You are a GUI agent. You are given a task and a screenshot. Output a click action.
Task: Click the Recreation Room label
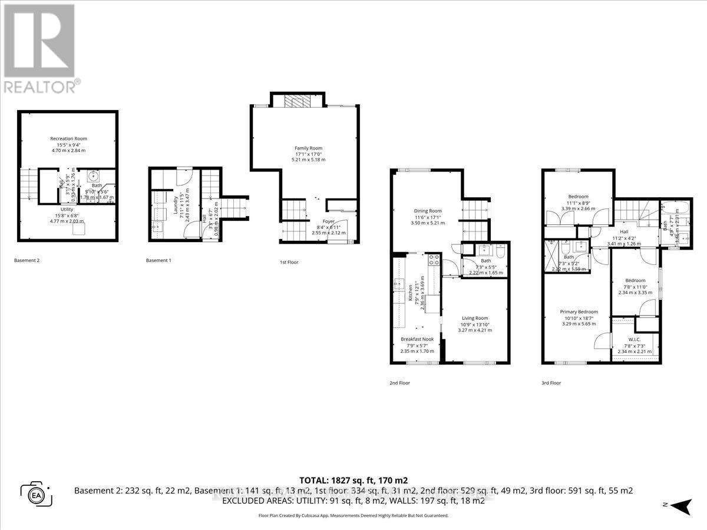69,139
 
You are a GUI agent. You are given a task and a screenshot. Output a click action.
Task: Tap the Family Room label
309,148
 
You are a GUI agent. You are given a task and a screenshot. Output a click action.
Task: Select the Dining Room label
427,211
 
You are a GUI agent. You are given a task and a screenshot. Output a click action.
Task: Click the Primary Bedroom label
579,312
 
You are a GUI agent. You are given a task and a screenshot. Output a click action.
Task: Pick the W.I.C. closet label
634,339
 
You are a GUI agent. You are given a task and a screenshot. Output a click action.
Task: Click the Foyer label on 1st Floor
329,221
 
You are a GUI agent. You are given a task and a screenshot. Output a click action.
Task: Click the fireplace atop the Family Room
296,102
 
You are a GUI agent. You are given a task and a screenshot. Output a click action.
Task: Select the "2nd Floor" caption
400,383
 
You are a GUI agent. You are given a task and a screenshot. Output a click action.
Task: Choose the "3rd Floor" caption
551,383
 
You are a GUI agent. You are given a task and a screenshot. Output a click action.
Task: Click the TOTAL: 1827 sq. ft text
353,480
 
